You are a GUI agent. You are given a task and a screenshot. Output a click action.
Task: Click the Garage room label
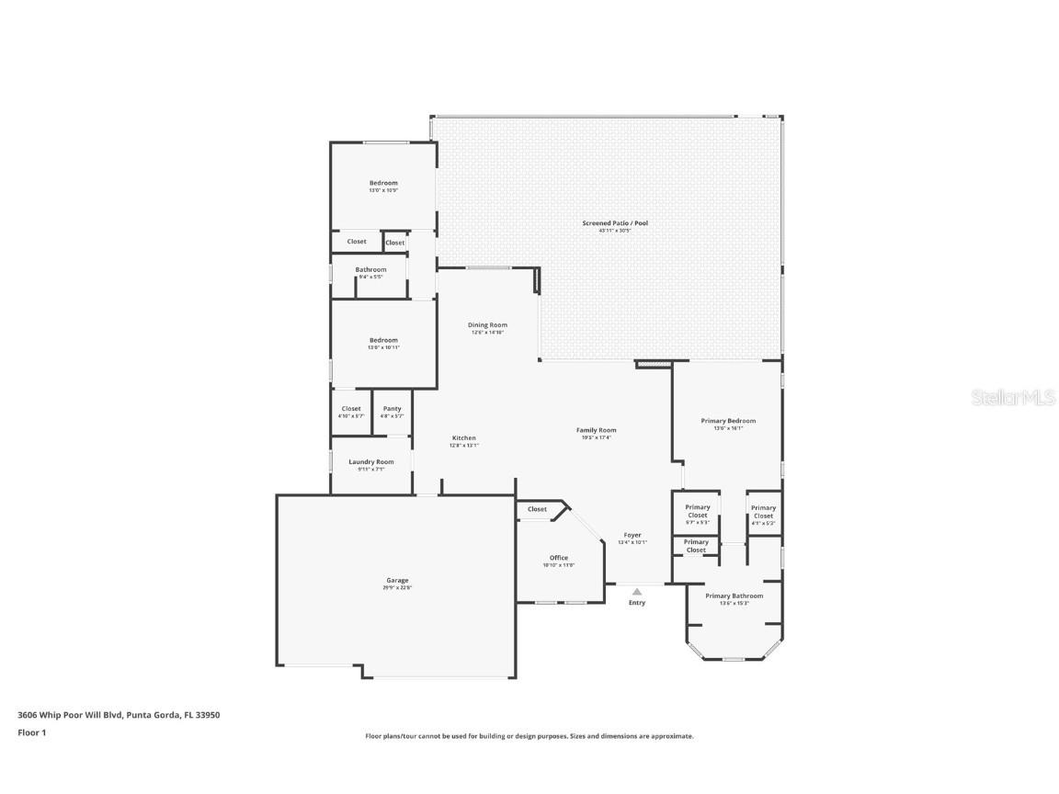tap(397, 580)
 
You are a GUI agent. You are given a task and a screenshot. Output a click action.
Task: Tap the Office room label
tap(559, 558)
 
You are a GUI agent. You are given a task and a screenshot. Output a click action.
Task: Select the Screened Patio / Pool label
tap(608, 223)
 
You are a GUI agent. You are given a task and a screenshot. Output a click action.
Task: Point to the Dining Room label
tap(487, 324)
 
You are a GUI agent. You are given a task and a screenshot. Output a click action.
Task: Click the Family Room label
tap(596, 430)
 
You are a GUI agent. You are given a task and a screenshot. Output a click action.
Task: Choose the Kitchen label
tap(463, 437)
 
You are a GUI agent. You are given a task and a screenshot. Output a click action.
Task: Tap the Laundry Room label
tap(370, 461)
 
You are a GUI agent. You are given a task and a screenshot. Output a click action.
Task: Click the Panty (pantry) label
tap(392, 409)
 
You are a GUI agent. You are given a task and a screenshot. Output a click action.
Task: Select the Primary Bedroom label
tap(728, 420)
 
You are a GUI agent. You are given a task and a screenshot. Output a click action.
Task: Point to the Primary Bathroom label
tap(734, 595)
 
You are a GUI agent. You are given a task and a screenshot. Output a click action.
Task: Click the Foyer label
tap(632, 535)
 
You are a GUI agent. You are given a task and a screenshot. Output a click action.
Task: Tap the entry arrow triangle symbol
tap(636, 592)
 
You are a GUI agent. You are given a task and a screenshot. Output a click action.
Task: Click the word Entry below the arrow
tap(637, 603)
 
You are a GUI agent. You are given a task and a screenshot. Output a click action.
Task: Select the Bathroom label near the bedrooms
tap(370, 269)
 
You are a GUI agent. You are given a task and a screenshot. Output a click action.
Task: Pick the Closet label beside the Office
tap(537, 509)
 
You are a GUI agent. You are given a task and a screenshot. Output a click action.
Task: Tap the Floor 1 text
tap(31, 732)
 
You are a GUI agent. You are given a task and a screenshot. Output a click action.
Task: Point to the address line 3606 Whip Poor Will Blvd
tap(119, 714)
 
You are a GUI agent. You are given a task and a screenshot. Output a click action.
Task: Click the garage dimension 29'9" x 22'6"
tap(397, 588)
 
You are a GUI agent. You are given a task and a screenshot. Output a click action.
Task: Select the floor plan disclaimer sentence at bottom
tap(529, 736)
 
